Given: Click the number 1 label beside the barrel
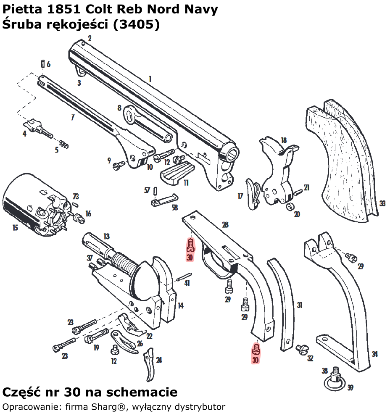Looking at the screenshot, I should pos(150,79).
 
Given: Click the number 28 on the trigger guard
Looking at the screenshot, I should pos(225,225).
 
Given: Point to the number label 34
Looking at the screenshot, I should pos(374,354).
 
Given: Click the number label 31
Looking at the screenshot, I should pos(299,305).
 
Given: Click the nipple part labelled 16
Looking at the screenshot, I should pos(77,218).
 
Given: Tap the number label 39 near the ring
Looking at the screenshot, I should pos(350,387).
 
